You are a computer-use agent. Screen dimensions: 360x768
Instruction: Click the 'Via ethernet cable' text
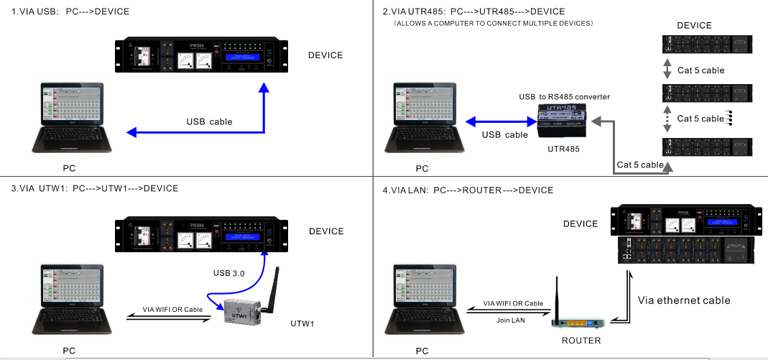click(684, 300)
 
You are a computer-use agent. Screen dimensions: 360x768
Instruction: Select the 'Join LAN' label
click(512, 320)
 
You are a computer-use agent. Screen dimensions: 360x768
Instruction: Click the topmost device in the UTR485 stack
click(706, 44)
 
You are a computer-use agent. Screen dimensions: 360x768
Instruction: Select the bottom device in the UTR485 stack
click(706, 146)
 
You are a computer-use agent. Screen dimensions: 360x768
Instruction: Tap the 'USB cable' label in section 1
click(209, 121)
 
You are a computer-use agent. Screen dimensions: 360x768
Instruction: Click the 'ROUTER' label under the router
click(581, 340)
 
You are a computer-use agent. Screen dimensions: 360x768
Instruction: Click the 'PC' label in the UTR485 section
click(422, 169)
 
